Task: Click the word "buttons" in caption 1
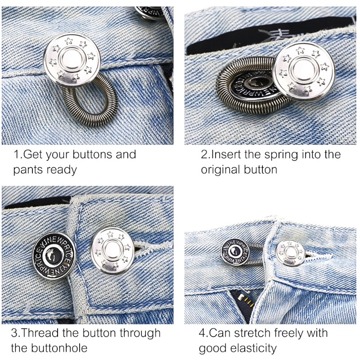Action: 88,155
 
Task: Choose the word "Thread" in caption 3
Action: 41,333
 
